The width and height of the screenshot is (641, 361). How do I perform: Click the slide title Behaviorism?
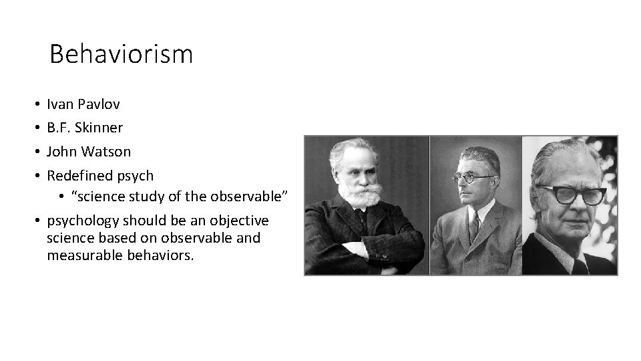tap(121, 53)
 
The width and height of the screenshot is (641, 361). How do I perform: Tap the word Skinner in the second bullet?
tap(99, 128)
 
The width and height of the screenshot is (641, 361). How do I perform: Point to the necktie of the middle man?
tap(473, 228)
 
